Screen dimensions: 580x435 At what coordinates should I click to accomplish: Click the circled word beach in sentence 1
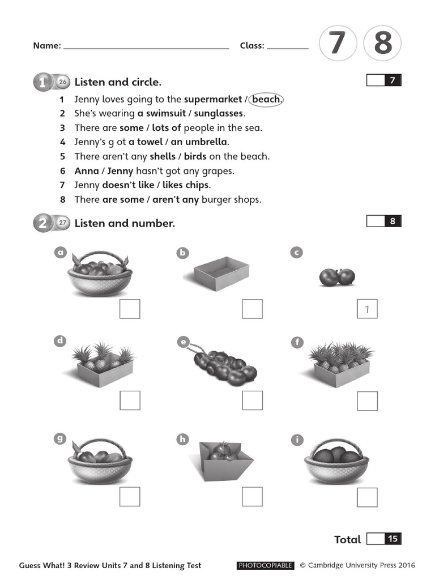pyautogui.click(x=266, y=99)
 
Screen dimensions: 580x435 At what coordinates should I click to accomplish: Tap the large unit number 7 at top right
pyautogui.click(x=337, y=44)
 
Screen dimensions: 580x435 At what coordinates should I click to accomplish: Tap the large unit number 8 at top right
pyautogui.click(x=382, y=44)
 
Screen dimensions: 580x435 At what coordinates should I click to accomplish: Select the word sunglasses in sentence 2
pyautogui.click(x=219, y=113)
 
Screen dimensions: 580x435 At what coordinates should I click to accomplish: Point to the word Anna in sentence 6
pyautogui.click(x=86, y=170)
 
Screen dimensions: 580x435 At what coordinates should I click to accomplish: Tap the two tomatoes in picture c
pyautogui.click(x=337, y=276)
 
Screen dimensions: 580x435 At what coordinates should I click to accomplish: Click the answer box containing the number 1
pyautogui.click(x=367, y=309)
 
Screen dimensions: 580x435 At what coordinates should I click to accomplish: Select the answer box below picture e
pyautogui.click(x=252, y=400)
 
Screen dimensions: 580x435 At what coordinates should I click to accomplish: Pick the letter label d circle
pyautogui.click(x=60, y=341)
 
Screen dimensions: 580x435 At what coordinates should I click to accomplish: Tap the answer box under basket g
pyautogui.click(x=130, y=496)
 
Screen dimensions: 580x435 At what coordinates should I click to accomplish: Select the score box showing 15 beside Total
pyautogui.click(x=384, y=539)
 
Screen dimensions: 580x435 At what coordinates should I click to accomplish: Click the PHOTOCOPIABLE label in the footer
pyautogui.click(x=265, y=565)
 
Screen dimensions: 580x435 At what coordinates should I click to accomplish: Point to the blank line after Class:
pyautogui.click(x=288, y=48)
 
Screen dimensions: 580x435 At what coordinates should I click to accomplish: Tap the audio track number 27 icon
pyautogui.click(x=63, y=223)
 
